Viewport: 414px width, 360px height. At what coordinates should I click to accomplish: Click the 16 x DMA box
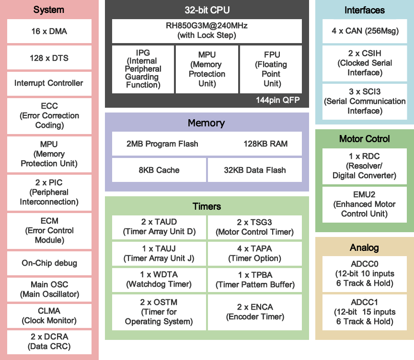tap(49, 31)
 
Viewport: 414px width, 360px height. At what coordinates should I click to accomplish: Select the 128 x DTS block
tap(49, 58)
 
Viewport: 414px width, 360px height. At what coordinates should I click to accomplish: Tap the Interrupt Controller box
tap(49, 83)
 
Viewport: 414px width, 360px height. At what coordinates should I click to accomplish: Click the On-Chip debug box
tap(49, 263)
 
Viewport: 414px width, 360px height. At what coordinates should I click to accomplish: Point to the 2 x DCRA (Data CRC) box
tap(49, 341)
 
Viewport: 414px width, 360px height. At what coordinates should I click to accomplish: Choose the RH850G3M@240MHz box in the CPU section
tap(207, 31)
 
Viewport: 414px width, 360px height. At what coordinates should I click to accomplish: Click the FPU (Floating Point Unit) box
tap(271, 69)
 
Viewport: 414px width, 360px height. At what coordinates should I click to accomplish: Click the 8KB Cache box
tap(159, 170)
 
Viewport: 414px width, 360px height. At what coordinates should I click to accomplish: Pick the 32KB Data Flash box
tap(255, 170)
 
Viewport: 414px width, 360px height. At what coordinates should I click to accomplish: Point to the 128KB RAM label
tap(265, 144)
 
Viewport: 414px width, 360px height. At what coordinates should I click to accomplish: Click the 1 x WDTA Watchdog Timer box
tap(159, 280)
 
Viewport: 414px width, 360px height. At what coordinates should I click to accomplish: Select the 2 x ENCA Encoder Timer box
tap(255, 312)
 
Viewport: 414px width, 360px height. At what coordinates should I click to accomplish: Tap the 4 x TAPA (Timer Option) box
tap(255, 253)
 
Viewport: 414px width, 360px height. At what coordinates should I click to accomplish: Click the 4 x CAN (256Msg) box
tap(364, 31)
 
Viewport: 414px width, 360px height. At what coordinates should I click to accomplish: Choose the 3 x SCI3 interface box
tap(364, 101)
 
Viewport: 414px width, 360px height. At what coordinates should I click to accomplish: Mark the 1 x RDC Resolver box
tap(364, 166)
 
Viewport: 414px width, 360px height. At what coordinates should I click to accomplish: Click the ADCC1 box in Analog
tap(364, 312)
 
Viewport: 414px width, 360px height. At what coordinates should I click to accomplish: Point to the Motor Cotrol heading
tap(364, 139)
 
